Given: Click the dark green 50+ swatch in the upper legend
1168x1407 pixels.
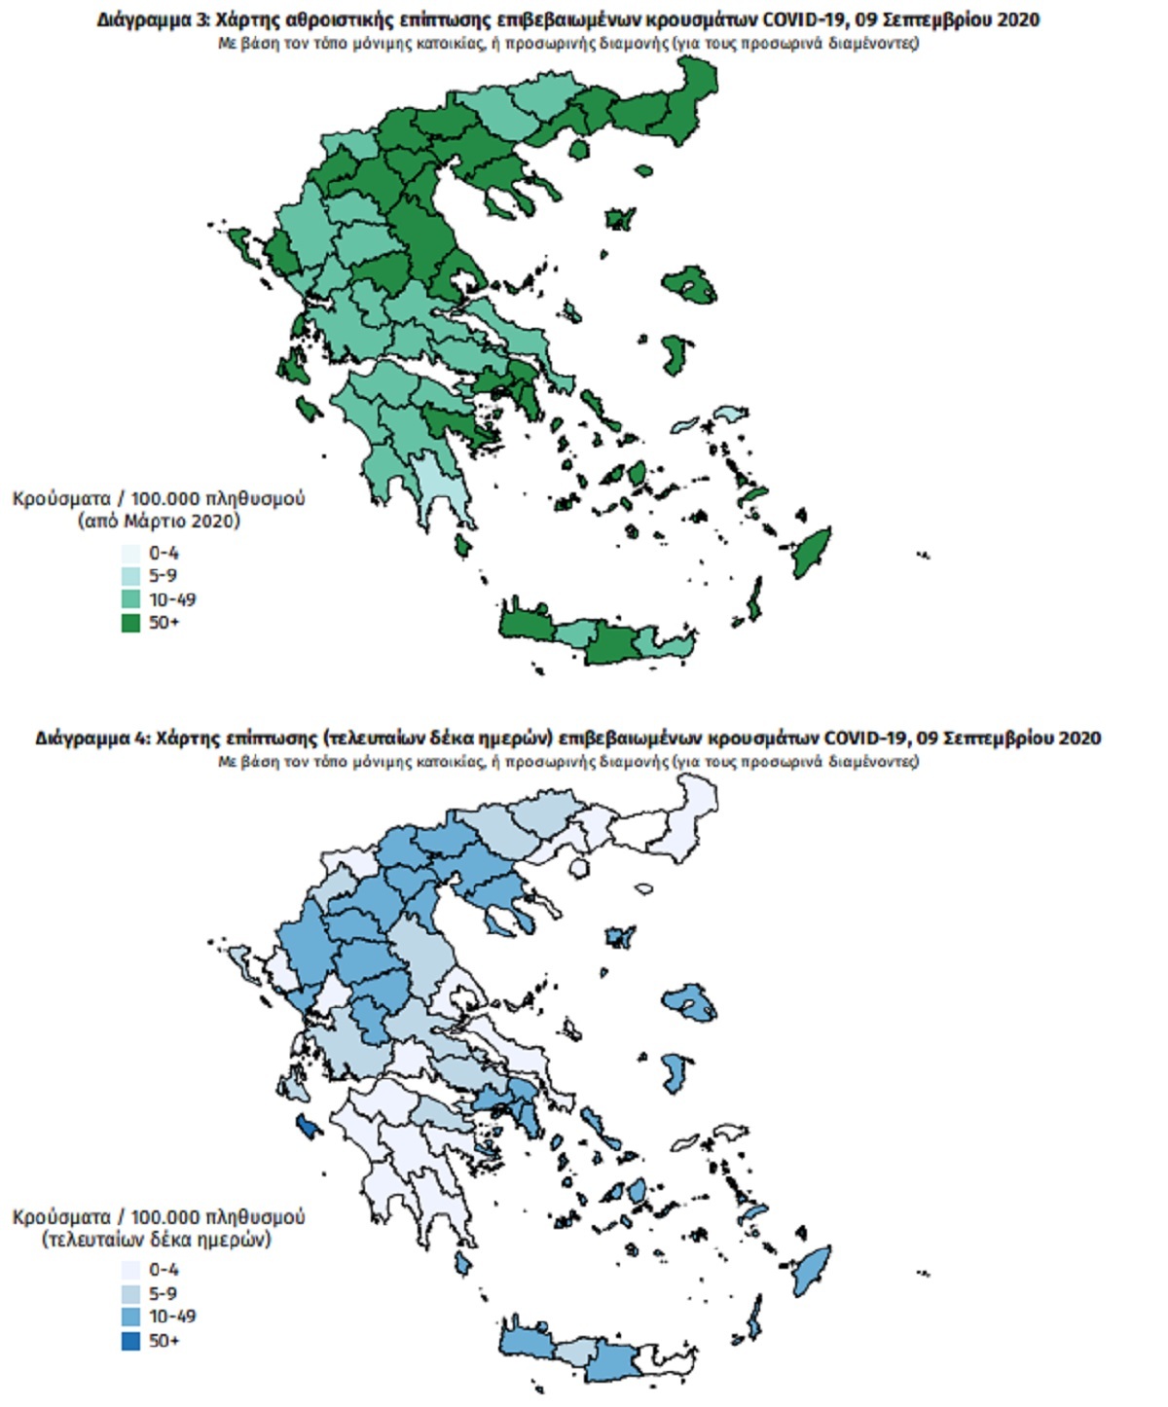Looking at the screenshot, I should coord(130,623).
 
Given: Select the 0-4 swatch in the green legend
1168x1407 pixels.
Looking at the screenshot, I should coord(130,553).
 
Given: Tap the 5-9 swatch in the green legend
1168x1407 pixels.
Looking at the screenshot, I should coord(130,576).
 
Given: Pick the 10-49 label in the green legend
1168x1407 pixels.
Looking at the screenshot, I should coord(172,599).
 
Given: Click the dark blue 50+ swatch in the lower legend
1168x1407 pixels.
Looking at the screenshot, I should coord(130,1341).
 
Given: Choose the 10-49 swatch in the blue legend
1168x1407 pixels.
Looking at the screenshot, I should coord(130,1317).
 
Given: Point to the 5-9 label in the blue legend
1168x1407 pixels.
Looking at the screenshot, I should coord(163,1294).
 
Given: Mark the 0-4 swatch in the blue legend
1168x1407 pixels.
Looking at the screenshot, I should coord(130,1271).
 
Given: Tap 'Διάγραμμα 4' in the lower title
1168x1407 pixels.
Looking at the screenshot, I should coord(91,738).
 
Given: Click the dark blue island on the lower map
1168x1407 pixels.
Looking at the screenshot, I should coord(308,1127).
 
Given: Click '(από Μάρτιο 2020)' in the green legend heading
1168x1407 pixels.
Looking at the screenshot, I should coord(158,522).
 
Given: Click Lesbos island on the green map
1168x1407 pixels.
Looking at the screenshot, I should coord(690,285).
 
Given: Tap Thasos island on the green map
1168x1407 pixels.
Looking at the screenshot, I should coord(580,151).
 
